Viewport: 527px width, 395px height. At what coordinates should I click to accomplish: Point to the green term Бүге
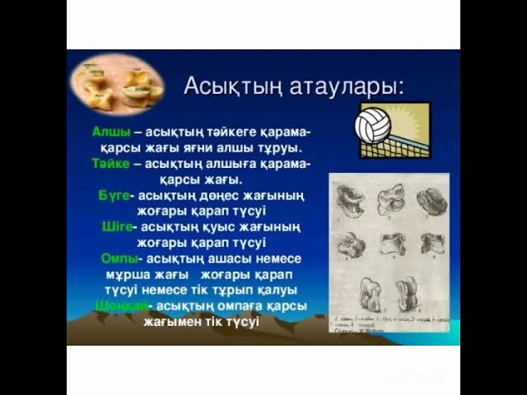tap(114, 195)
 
